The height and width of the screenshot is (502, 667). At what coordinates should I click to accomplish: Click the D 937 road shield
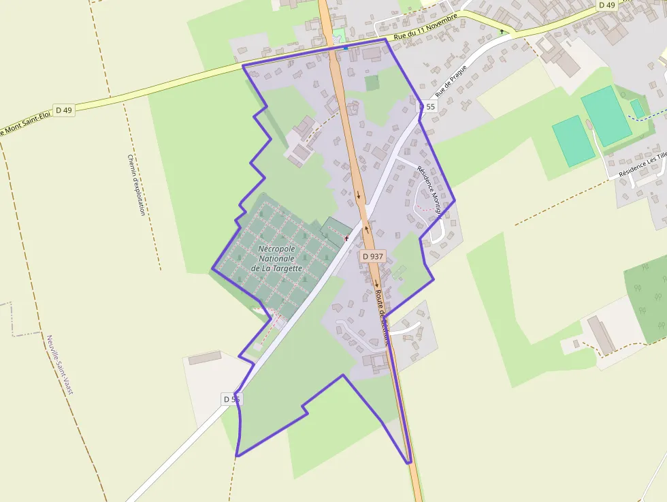373,256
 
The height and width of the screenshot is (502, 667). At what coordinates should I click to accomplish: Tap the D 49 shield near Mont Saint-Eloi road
64,110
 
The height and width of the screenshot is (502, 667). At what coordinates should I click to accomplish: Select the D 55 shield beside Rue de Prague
427,107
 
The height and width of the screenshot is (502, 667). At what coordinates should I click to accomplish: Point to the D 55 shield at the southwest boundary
231,399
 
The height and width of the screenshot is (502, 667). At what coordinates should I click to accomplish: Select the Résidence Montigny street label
430,190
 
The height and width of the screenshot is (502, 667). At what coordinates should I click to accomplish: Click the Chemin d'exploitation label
136,185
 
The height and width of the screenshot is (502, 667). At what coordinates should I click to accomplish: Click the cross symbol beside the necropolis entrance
347,238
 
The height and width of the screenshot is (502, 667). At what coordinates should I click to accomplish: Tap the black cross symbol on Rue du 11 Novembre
502,31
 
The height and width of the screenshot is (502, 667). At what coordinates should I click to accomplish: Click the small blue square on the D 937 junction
346,47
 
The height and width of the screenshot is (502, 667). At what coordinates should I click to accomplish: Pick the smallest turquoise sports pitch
638,108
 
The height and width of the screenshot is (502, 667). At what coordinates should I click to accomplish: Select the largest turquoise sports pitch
605,115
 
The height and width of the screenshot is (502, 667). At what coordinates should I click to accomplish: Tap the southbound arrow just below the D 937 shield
376,285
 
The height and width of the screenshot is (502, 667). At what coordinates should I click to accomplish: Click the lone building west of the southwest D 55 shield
205,358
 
